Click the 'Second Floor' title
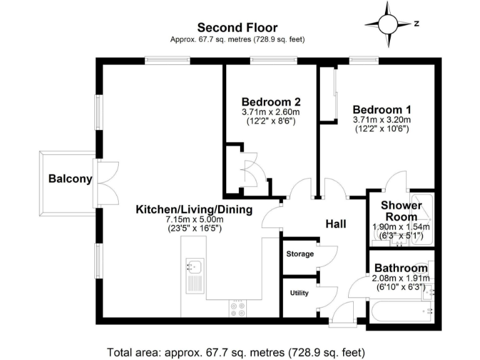[x=237, y=27]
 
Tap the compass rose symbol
[x=387, y=24]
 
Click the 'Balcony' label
[x=71, y=179]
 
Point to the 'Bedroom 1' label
[x=381, y=108]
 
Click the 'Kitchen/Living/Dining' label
[x=194, y=209]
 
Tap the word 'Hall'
[x=336, y=224]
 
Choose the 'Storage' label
[x=299, y=254]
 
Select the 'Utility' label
[x=299, y=292]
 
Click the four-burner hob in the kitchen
[x=238, y=308]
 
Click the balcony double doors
[x=102, y=181]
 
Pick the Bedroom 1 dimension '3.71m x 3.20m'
[x=381, y=119]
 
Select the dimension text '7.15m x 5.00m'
[x=194, y=220]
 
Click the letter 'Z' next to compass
[x=416, y=24]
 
